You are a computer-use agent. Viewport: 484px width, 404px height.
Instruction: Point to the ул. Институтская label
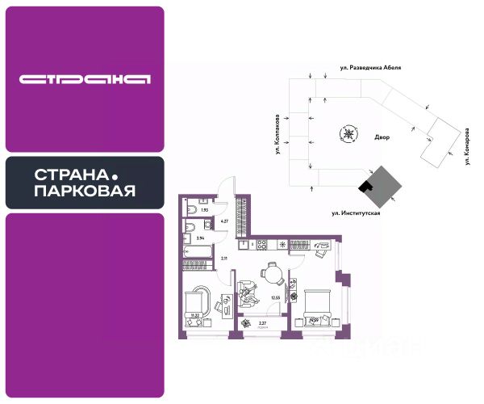pyautogui.click(x=355, y=213)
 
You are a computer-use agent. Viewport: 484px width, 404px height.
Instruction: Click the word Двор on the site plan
pyautogui.click(x=382, y=137)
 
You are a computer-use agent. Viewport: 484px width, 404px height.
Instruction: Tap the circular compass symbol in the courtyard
pyautogui.click(x=348, y=134)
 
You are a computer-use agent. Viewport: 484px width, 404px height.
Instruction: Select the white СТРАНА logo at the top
pyautogui.click(x=85, y=79)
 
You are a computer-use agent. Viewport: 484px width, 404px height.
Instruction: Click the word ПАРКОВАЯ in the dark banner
pyautogui.click(x=85, y=191)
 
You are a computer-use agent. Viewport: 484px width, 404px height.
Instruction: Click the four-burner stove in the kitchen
pyautogui.click(x=263, y=243)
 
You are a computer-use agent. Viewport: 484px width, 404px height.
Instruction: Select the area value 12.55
pyautogui.click(x=275, y=297)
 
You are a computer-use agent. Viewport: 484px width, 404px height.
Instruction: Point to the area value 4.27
pyautogui.click(x=227, y=221)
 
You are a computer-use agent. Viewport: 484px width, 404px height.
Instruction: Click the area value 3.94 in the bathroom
pyautogui.click(x=201, y=238)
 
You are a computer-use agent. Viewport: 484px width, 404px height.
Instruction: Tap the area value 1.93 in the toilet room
pyautogui.click(x=205, y=210)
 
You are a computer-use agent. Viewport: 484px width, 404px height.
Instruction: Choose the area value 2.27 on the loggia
pyautogui.click(x=262, y=323)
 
